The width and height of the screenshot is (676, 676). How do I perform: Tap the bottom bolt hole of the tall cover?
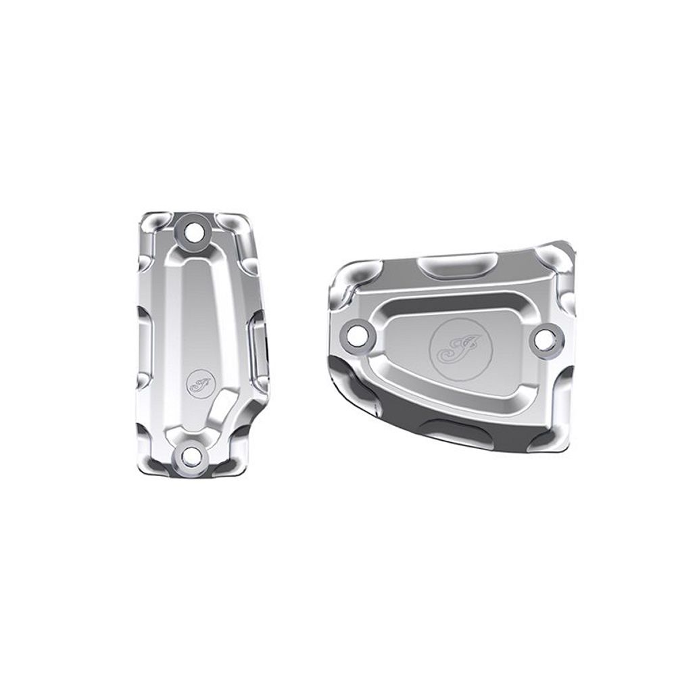(x=191, y=456)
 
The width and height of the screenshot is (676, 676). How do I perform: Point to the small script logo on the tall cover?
(x=199, y=384)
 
